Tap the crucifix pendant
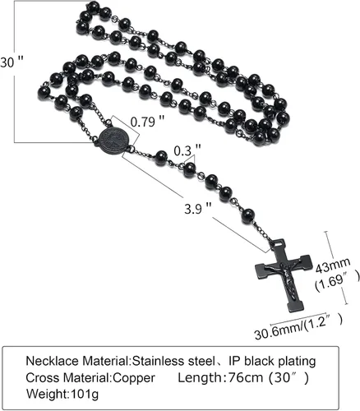click(x=284, y=275)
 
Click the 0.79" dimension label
click(x=147, y=121)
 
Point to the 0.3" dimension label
click(x=187, y=150)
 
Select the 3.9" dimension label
click(x=198, y=209)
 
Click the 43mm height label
click(x=333, y=265)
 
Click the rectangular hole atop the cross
click(x=279, y=242)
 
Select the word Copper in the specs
click(x=134, y=378)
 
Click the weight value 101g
click(x=85, y=395)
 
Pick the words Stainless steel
click(x=173, y=361)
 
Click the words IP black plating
click(x=272, y=362)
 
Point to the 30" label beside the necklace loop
click(x=12, y=62)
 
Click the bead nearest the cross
click(x=248, y=216)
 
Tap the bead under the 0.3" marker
click(x=190, y=169)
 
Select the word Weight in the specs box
click(x=47, y=395)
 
